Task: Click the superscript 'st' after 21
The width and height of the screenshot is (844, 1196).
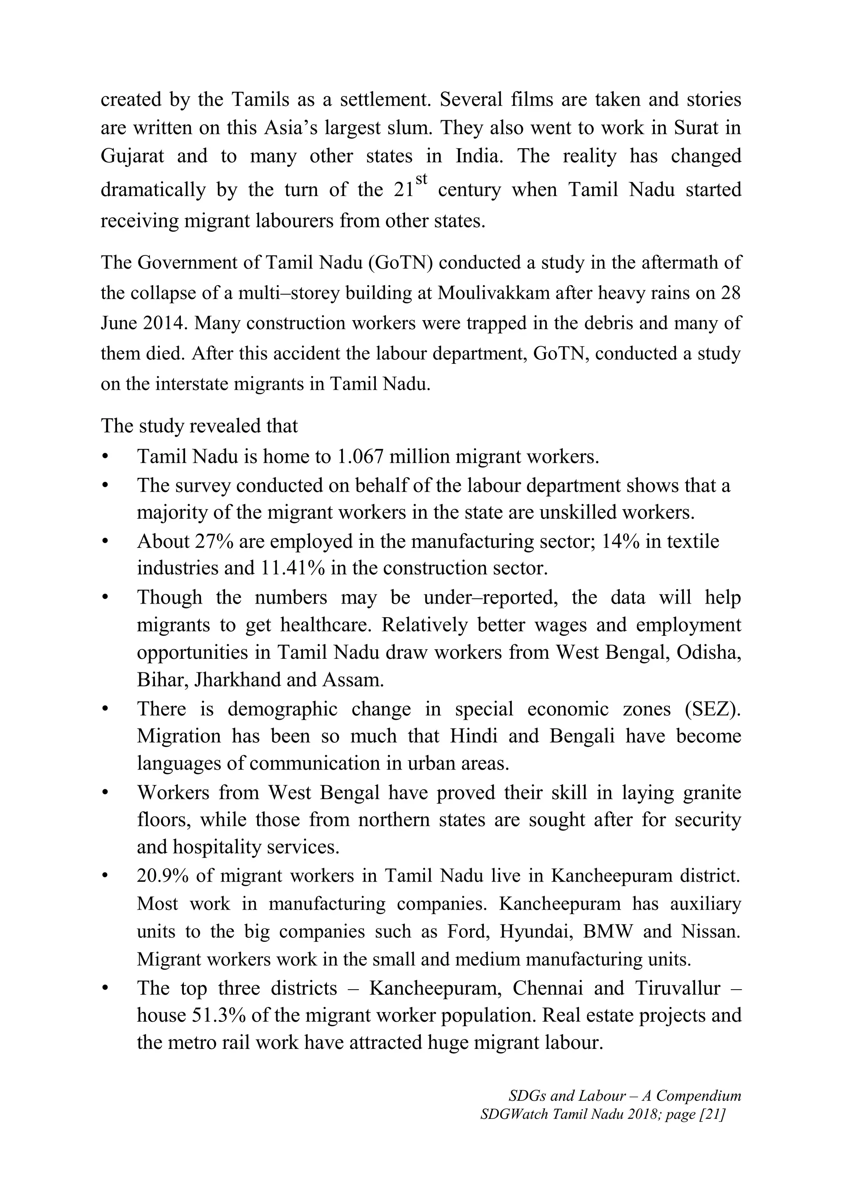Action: [x=422, y=179]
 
